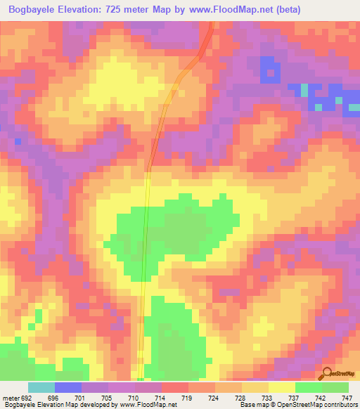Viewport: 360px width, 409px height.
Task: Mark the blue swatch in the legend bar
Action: point(68,387)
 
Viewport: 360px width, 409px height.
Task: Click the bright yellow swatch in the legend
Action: point(282,387)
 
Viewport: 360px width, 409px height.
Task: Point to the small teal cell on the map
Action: point(304,90)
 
